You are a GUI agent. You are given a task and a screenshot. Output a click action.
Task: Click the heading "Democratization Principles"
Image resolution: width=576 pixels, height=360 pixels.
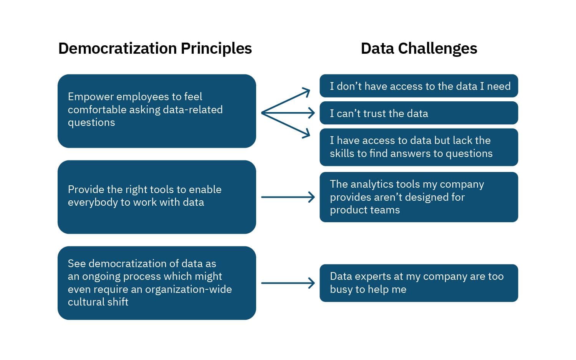pos(155,49)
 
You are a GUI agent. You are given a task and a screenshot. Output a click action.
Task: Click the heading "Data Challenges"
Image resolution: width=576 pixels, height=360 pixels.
pos(419,49)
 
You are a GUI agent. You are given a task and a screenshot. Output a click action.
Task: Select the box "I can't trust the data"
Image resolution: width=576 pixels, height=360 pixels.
pos(419,113)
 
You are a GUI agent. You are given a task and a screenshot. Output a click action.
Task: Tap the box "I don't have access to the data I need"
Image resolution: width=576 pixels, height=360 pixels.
pos(419,86)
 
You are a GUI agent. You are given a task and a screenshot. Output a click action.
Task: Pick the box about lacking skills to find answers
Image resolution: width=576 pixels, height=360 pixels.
pos(419,147)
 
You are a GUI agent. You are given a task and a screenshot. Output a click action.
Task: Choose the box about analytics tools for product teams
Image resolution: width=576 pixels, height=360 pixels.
pos(419,197)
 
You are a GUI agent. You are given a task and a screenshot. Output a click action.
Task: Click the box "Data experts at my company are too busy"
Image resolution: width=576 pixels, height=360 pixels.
pos(419,283)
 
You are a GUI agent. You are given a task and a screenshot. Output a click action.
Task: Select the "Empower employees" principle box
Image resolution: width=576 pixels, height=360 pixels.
pos(157,111)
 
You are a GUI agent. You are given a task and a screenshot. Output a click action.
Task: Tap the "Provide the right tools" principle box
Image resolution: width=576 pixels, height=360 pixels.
pos(157,197)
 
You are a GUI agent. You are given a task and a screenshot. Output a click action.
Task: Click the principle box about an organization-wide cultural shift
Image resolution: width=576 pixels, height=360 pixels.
pos(157,283)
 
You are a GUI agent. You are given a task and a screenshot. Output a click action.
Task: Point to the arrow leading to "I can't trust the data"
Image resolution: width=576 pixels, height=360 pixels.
pos(288,113)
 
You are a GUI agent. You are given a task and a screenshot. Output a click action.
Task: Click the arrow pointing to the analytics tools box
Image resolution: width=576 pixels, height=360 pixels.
pos(288,197)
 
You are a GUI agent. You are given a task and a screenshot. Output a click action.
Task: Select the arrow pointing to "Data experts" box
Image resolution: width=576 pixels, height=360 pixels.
pos(288,283)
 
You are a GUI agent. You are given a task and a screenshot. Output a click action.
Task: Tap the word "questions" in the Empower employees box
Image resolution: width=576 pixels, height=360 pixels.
pos(91,122)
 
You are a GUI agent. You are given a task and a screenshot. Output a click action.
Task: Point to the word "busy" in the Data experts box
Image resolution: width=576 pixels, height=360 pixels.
pos(341,289)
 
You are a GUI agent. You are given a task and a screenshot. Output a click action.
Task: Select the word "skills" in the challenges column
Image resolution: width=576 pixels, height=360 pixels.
pos(342,154)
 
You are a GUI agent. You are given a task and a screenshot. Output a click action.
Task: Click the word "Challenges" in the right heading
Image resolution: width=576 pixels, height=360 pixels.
pos(437,49)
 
